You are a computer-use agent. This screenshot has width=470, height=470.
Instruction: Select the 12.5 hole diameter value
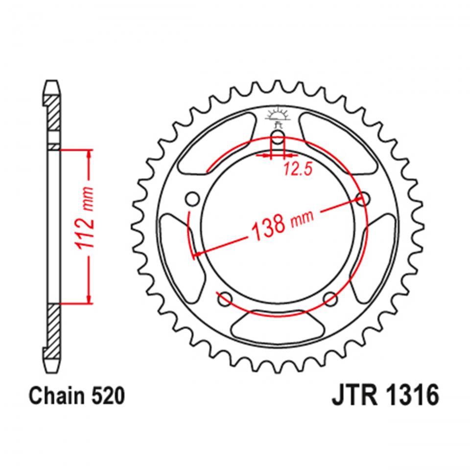pyautogui.click(x=297, y=169)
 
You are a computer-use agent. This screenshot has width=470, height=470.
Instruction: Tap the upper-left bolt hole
pyautogui.click(x=192, y=199)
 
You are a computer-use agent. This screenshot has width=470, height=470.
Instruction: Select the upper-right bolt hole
pyautogui.click(x=363, y=199)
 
